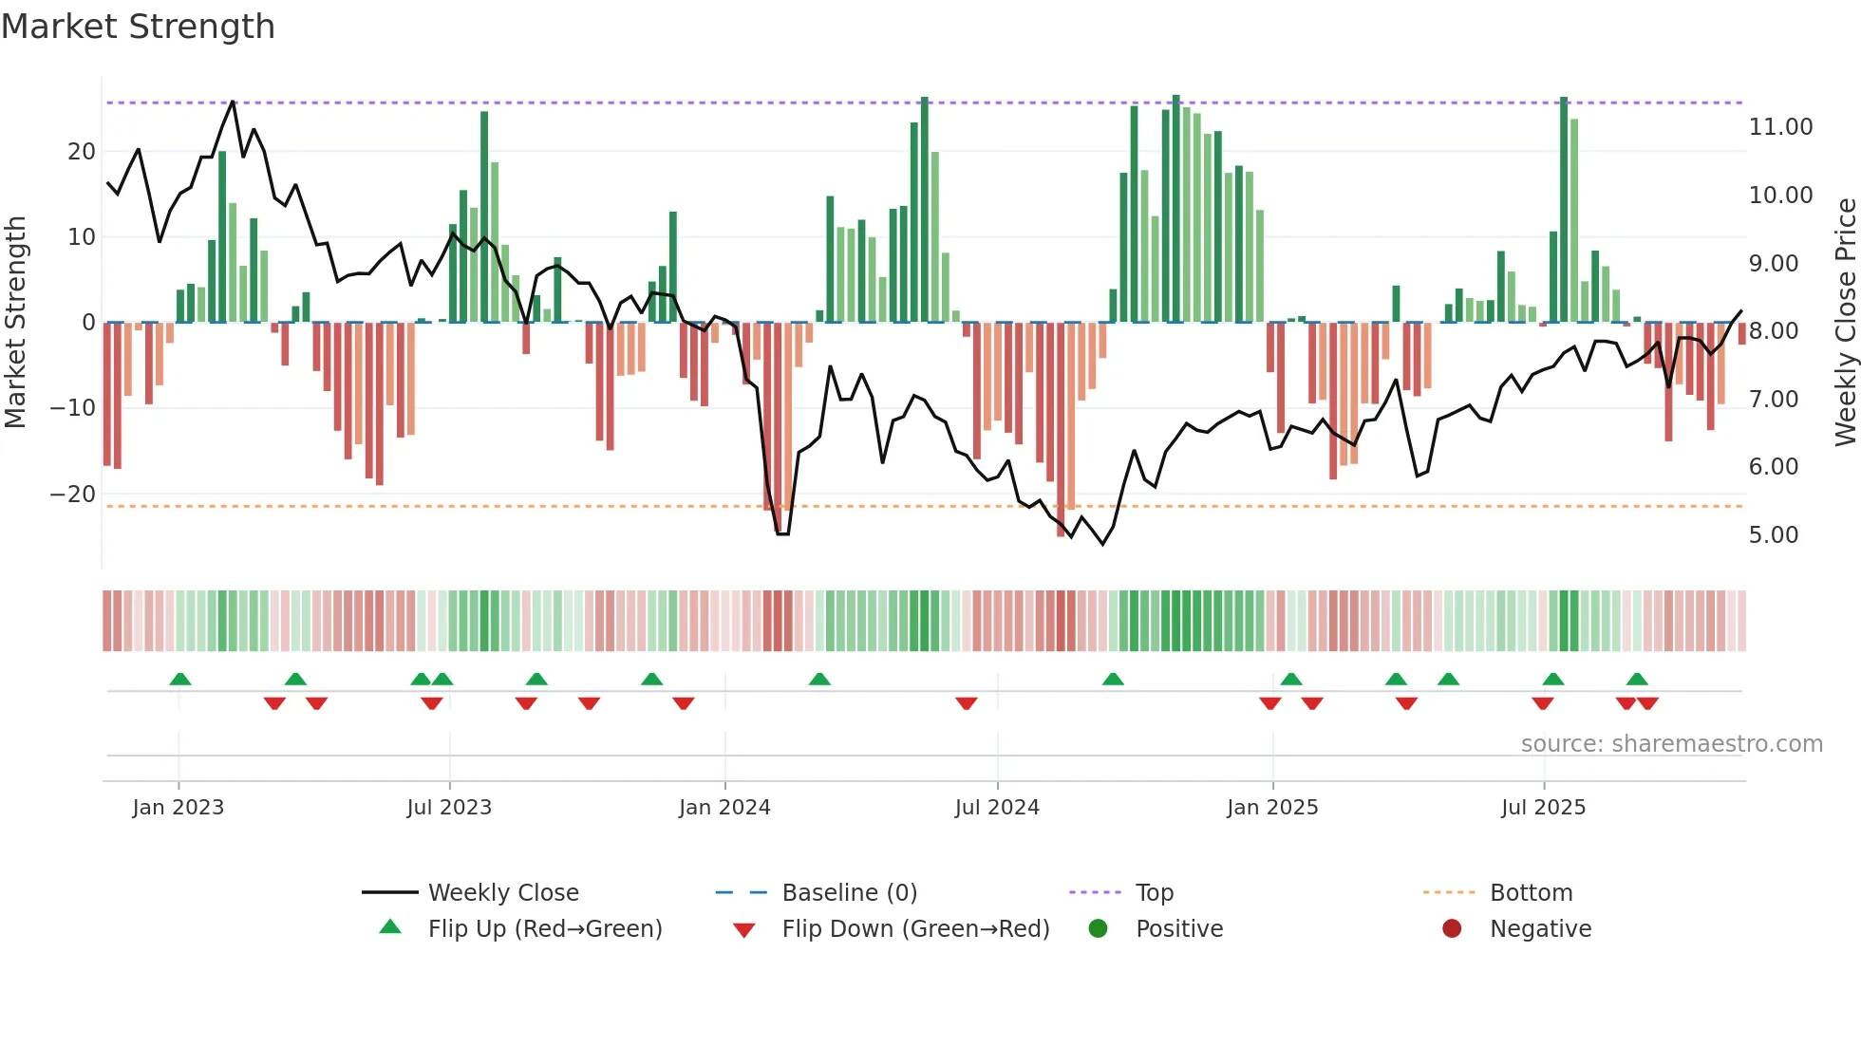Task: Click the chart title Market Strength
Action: coord(138,27)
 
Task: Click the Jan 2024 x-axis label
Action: coord(724,807)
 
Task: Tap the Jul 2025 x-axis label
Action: coord(1543,807)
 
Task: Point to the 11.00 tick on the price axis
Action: coord(1780,127)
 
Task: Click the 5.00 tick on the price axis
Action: coord(1774,535)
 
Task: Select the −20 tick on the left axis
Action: coord(73,495)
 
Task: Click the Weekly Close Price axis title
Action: coord(1845,323)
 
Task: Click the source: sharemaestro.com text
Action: coord(1671,743)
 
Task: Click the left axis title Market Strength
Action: coord(16,323)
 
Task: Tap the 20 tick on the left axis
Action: coord(82,152)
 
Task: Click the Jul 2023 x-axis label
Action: coord(449,807)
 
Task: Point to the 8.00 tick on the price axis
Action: coord(1774,331)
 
